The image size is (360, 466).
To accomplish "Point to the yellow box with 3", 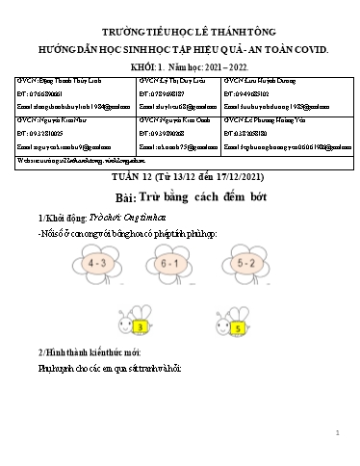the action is point(143,328).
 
